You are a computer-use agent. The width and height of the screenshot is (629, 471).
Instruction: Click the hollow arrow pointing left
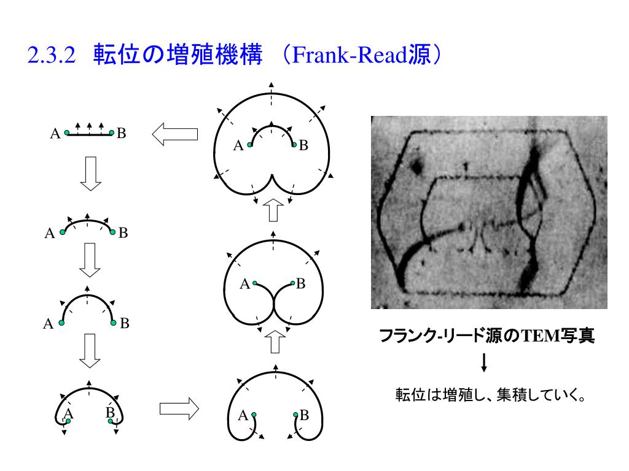(174, 133)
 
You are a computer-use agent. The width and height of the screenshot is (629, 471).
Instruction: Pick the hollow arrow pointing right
(179, 408)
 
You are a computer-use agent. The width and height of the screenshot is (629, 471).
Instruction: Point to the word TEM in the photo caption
(537, 336)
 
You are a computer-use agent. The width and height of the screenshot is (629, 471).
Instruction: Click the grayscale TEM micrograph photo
(489, 212)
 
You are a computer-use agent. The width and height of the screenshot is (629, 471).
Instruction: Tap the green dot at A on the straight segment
(67, 132)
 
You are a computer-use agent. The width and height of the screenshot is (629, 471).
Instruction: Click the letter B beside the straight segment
(122, 132)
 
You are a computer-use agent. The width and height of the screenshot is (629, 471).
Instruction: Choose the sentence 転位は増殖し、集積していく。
(489, 394)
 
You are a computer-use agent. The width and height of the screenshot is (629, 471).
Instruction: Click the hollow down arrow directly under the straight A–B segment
(90, 173)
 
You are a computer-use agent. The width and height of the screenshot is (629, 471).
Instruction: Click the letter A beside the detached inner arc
(238, 146)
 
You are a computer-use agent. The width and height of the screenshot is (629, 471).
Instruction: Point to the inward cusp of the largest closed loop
(272, 180)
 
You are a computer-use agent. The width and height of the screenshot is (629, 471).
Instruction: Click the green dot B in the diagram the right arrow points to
(295, 415)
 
